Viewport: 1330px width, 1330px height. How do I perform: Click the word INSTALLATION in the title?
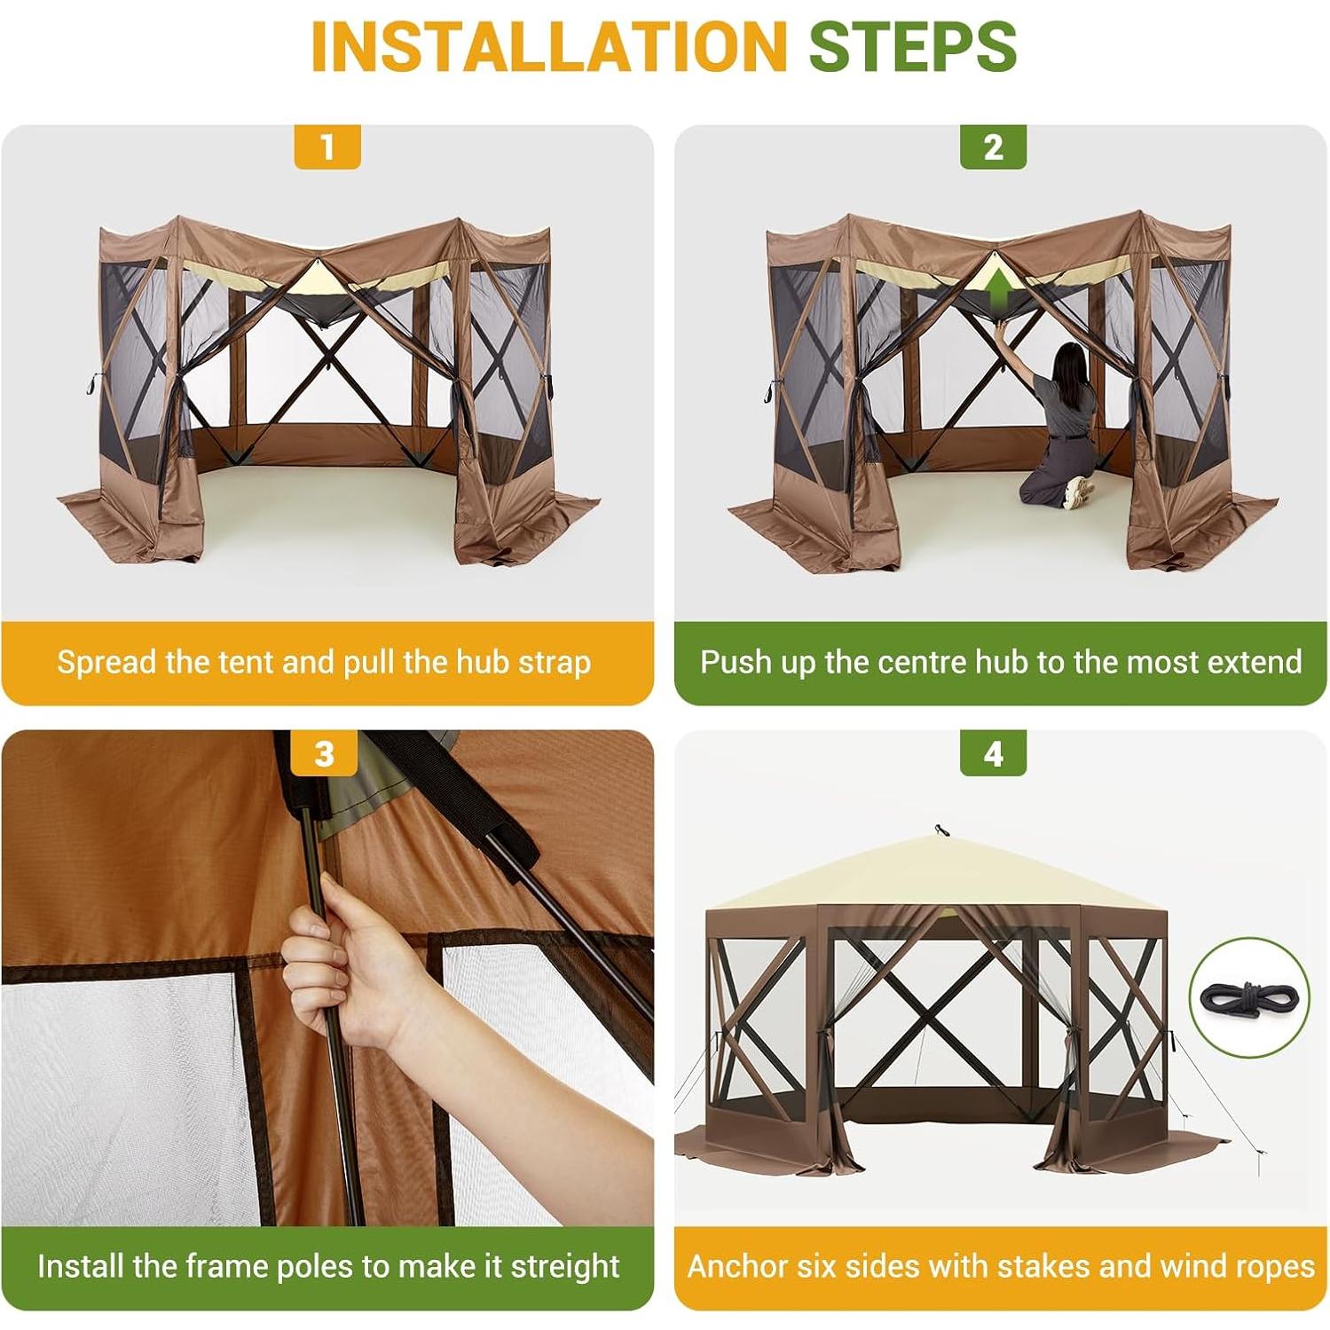click(x=548, y=46)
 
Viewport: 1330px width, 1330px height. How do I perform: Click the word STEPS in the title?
click(x=912, y=46)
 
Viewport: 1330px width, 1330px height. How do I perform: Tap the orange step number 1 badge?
click(x=327, y=146)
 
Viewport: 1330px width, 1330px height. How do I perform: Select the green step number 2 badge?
click(x=993, y=146)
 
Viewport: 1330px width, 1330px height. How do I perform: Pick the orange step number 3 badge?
click(x=325, y=753)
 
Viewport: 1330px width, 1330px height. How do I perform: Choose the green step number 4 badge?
click(x=993, y=753)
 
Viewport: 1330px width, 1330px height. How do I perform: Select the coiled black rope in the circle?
click(x=1249, y=997)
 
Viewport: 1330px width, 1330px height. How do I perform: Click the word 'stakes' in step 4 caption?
click(x=1040, y=1266)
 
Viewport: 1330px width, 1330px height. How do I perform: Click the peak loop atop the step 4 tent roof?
click(x=940, y=830)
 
